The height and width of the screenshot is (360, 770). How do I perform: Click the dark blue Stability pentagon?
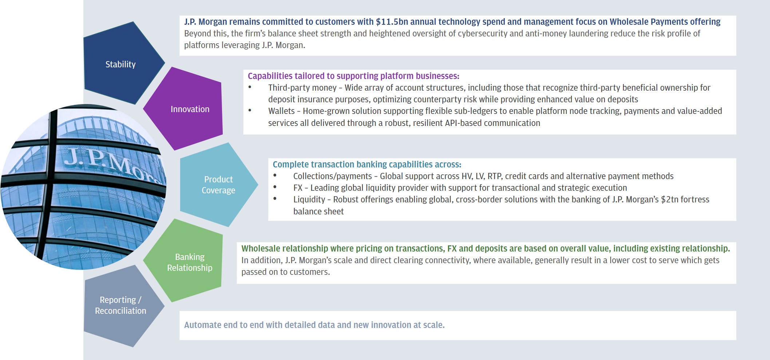(x=122, y=64)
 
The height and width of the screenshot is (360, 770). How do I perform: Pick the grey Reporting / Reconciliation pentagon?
(x=122, y=306)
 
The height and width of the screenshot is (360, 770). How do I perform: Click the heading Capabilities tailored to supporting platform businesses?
(x=353, y=76)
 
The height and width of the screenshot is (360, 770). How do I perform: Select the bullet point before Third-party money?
(x=250, y=87)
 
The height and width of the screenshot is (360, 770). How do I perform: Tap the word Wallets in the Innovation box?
(x=281, y=111)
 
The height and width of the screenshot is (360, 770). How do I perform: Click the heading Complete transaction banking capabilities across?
(x=367, y=165)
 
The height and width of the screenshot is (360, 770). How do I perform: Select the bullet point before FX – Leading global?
(x=275, y=187)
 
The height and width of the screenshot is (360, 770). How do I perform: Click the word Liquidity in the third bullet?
(x=309, y=200)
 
